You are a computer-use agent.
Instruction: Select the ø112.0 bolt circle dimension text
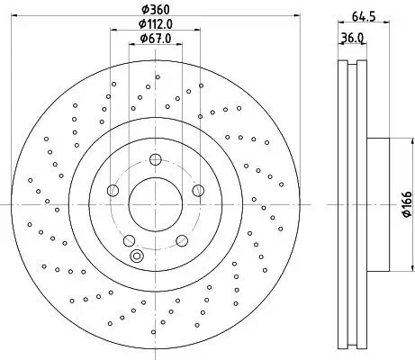[x=157, y=24]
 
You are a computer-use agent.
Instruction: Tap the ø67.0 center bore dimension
[x=157, y=39]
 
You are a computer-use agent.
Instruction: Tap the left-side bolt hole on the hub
[x=112, y=190]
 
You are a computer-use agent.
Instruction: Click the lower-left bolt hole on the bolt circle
[x=129, y=239]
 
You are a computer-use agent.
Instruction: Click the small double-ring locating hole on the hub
[x=136, y=256]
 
